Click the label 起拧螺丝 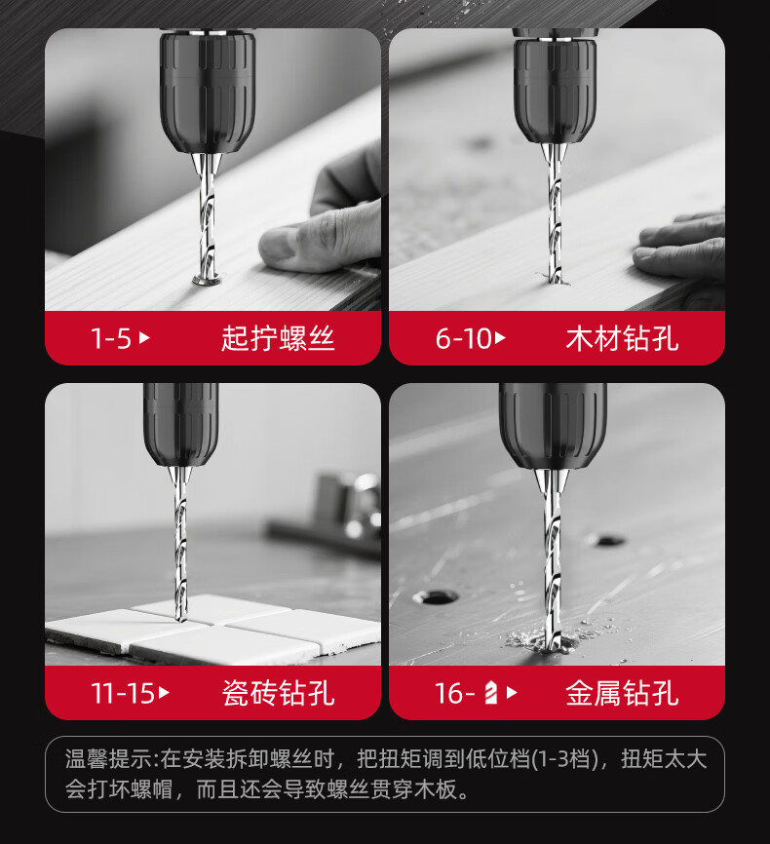click(x=278, y=338)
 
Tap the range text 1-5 click(x=111, y=338)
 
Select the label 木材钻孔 click(x=622, y=338)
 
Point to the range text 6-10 click(x=463, y=338)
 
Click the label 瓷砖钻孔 click(x=278, y=693)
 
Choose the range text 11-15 click(x=123, y=693)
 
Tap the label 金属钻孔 click(x=622, y=693)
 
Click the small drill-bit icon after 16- click(x=490, y=693)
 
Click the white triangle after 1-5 click(x=144, y=338)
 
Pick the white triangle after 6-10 click(x=500, y=338)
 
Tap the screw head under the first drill click(x=208, y=279)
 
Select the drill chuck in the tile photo click(x=181, y=424)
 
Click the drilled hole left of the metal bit click(x=435, y=596)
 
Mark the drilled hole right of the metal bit click(x=607, y=540)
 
